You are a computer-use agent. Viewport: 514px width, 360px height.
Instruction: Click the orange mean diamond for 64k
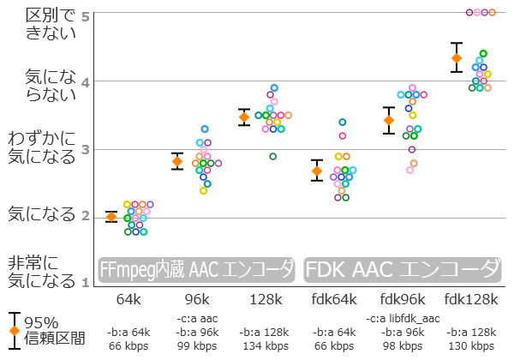coord(111,217)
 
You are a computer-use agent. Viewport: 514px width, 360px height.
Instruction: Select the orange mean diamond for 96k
coord(177,161)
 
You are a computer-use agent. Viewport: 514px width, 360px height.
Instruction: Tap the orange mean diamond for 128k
coord(243,117)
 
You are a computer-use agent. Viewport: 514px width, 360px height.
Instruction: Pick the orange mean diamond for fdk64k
coord(316,171)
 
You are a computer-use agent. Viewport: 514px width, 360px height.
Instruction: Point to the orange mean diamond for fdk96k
coord(389,120)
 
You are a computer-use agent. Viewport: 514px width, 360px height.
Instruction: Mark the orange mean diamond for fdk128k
coord(457,58)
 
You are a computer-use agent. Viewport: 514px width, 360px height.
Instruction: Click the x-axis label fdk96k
coord(402,301)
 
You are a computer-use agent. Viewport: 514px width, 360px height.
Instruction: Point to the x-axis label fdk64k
coord(333,301)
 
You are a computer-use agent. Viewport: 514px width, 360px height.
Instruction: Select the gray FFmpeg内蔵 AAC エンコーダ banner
coord(197,270)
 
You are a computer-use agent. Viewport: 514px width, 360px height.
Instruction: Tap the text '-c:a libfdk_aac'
coord(402,318)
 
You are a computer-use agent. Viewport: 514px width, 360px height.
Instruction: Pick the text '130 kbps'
coord(470,345)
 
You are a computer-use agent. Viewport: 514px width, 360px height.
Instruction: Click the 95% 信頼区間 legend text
coord(55,330)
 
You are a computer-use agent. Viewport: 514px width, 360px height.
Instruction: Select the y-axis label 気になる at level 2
coord(42,214)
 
